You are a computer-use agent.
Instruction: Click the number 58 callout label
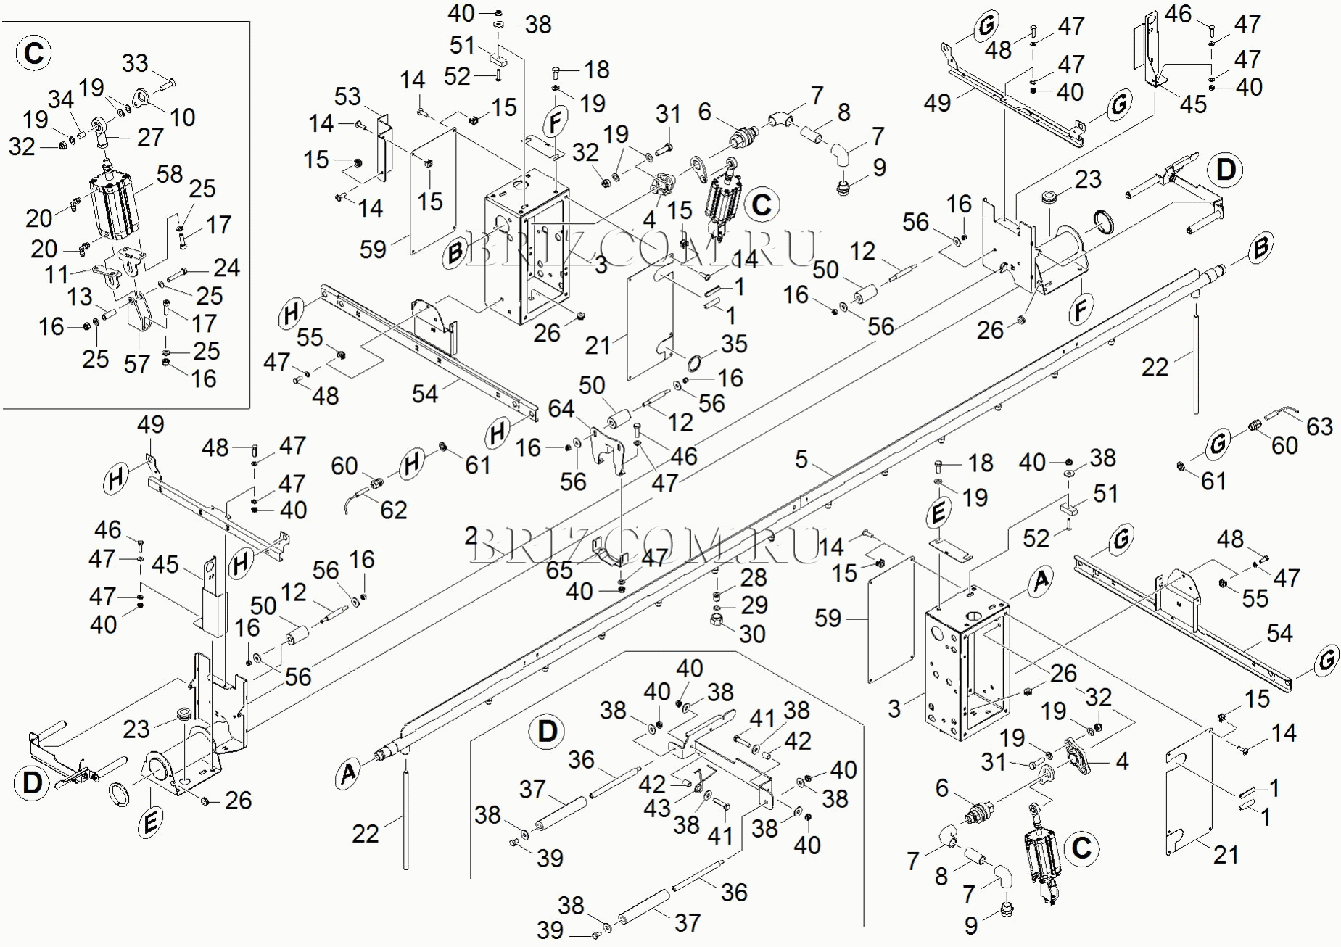coord(170,174)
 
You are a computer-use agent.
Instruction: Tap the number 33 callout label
coord(135,63)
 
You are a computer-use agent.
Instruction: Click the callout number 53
coord(347,96)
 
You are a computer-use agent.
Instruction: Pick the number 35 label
coord(734,344)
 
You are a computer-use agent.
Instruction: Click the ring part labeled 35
coord(693,363)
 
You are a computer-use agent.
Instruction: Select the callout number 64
coord(561,409)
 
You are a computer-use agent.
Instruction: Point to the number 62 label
coord(394,510)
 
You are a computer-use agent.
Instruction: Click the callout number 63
coord(1319,426)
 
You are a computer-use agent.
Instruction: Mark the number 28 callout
coord(754,577)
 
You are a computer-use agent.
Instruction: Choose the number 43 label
coord(657,808)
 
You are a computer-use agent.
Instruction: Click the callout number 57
coord(136,364)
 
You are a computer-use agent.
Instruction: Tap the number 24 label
coord(226,268)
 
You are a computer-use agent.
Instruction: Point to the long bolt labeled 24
coord(178,275)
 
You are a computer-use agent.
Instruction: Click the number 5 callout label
coord(801,459)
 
